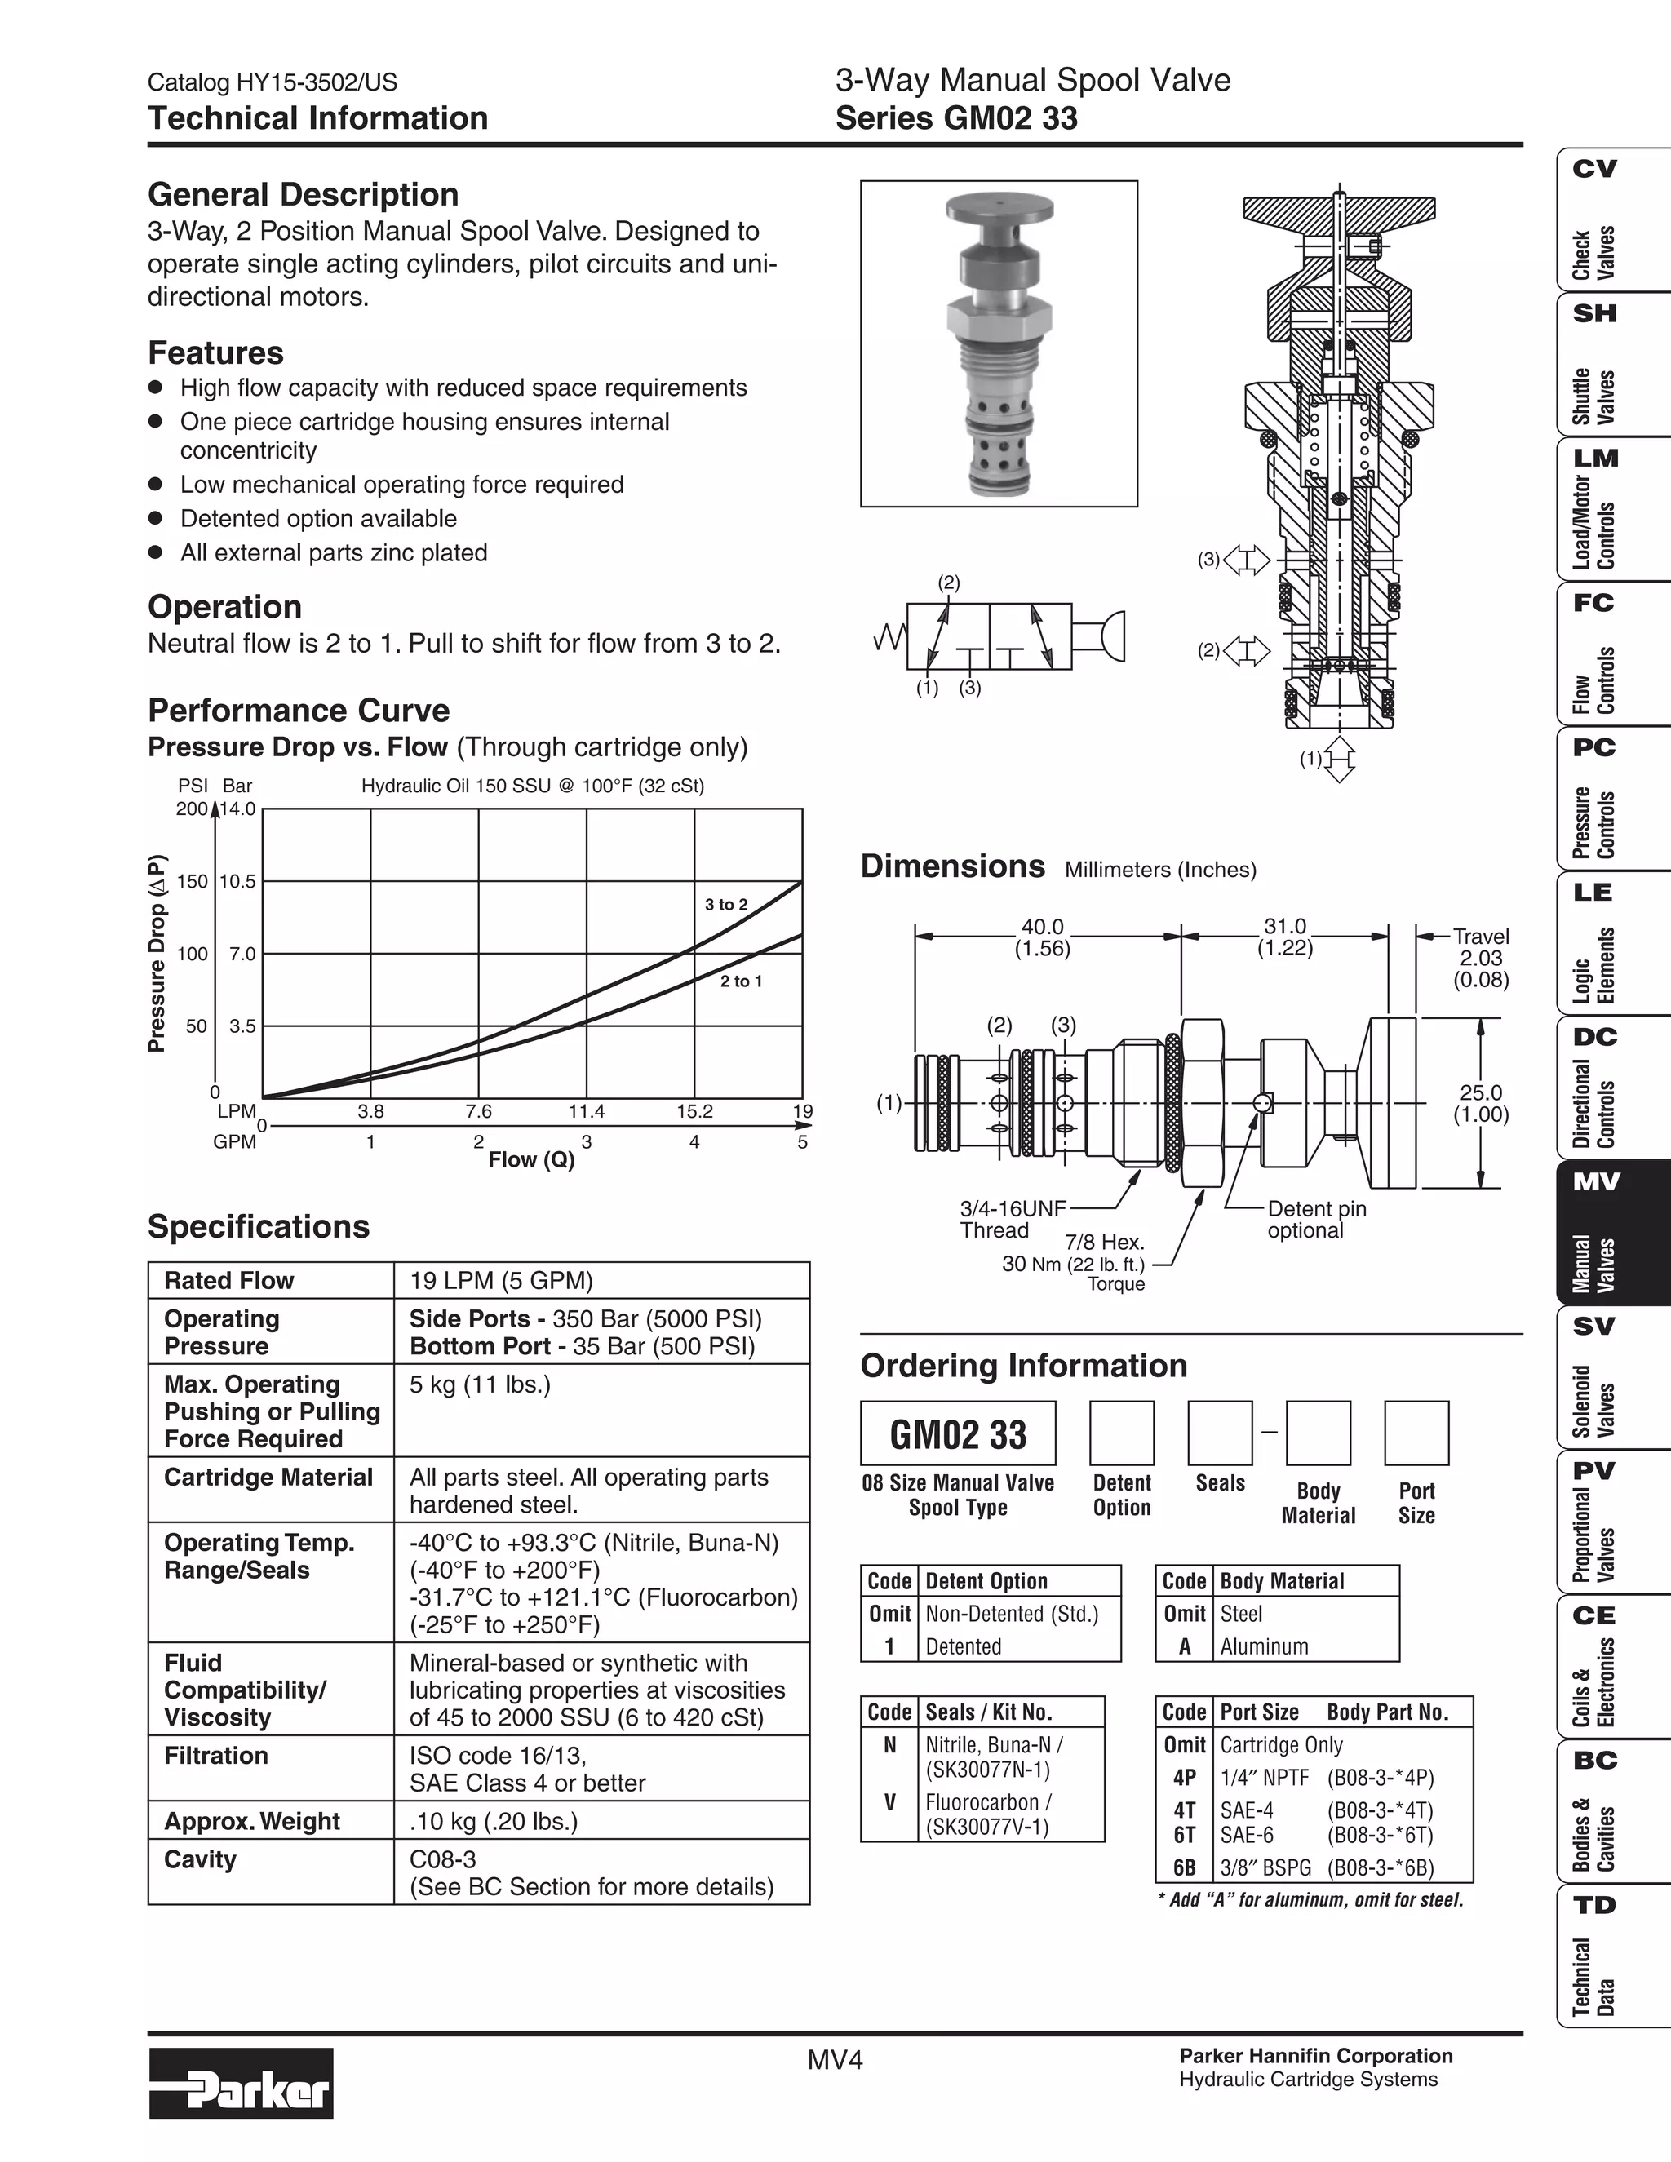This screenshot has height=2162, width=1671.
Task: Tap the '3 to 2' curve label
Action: pos(725,905)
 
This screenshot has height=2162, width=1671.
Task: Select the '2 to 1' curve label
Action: pos(741,981)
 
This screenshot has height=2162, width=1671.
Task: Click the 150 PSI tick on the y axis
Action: pos(192,881)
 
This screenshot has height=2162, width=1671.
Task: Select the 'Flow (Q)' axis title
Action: pos(532,1159)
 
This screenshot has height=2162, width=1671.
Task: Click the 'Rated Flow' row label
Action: pos(228,1281)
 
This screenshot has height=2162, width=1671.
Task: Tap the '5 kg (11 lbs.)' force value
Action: pos(479,1384)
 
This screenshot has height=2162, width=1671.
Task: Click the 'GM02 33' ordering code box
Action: pos(957,1433)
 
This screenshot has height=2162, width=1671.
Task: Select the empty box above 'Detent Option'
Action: pos(1122,1433)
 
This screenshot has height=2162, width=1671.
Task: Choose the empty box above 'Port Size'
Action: pos(1416,1433)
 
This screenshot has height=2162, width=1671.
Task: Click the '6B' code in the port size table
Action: pos(1184,1868)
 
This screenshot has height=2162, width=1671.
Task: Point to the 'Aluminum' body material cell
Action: pos(1264,1646)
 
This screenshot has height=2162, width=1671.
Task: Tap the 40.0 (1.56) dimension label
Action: pos(1043,937)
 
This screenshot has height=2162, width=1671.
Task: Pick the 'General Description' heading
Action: pos(303,194)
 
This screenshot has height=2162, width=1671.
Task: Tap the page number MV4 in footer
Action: pos(835,2060)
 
